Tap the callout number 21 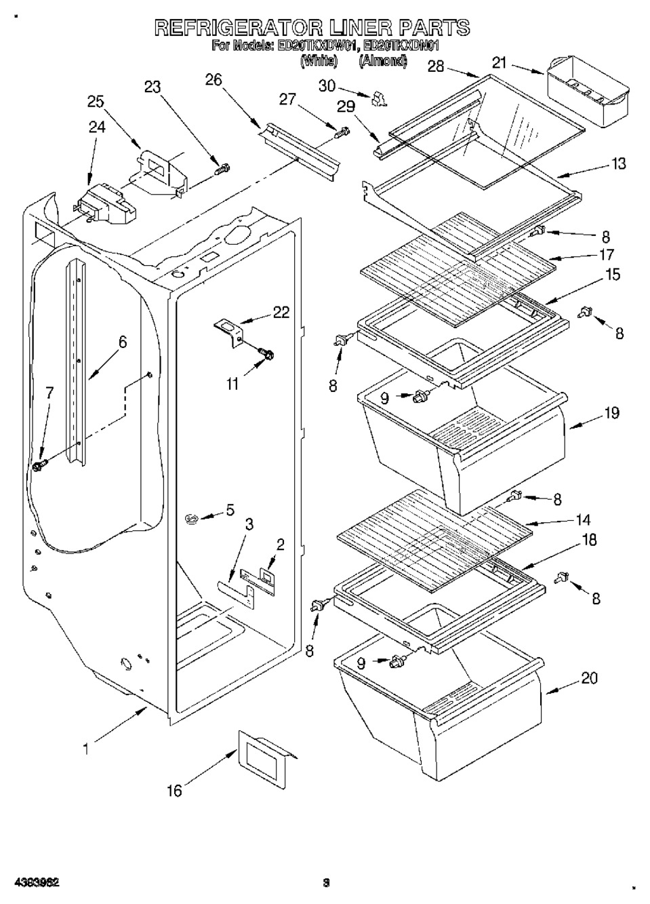tap(499, 63)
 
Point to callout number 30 tap(327, 86)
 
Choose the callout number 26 tap(214, 80)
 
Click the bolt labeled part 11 tap(266, 353)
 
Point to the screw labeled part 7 tap(39, 467)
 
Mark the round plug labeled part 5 tap(192, 519)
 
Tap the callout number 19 tap(611, 412)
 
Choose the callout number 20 tap(590, 677)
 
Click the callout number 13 tap(617, 163)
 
